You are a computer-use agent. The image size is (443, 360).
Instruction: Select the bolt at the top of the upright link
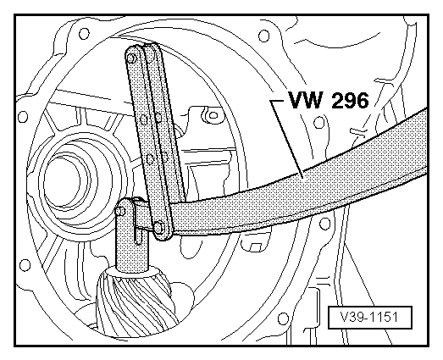[x=132, y=57]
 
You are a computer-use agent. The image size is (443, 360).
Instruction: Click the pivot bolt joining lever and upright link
[x=158, y=226]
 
